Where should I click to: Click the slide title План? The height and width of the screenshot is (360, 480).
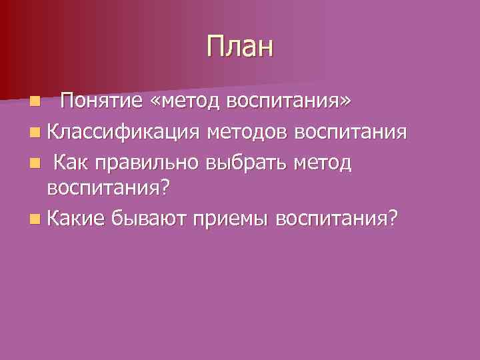[x=240, y=48]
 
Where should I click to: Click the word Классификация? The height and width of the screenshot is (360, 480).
[x=123, y=132]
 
